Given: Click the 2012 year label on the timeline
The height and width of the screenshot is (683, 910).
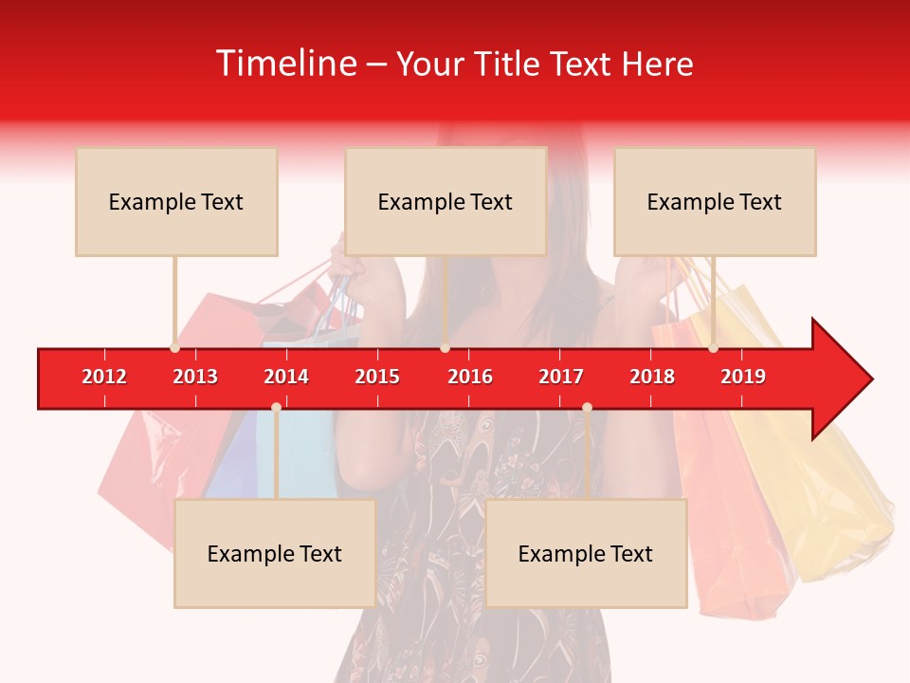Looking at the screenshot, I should click(104, 377).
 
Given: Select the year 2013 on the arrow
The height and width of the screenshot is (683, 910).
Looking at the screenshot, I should click(195, 377).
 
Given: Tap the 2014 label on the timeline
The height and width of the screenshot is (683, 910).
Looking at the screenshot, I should click(286, 377).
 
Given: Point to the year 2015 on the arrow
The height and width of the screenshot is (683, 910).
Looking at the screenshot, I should click(377, 377).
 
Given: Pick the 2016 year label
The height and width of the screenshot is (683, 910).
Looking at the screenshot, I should click(470, 377).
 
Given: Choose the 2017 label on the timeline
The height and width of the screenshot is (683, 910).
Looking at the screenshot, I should click(561, 377).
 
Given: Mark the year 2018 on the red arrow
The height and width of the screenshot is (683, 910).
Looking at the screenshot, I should click(652, 377).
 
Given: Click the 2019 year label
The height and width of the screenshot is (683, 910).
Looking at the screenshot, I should click(743, 377).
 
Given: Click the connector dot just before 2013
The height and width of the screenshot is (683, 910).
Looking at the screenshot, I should click(174, 347).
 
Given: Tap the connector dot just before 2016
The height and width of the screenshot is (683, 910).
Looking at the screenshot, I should click(445, 347).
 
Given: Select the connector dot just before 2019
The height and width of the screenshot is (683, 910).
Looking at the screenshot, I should click(713, 347).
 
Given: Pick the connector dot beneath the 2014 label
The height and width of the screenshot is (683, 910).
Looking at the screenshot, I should click(276, 407).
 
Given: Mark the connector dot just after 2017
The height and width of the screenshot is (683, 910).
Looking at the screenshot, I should click(587, 407).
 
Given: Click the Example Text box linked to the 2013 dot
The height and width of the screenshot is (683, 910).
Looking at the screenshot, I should click(176, 202).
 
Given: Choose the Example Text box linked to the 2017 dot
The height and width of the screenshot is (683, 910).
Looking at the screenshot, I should click(586, 554).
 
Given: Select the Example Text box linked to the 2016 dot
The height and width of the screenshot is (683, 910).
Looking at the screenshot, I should click(446, 202).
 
